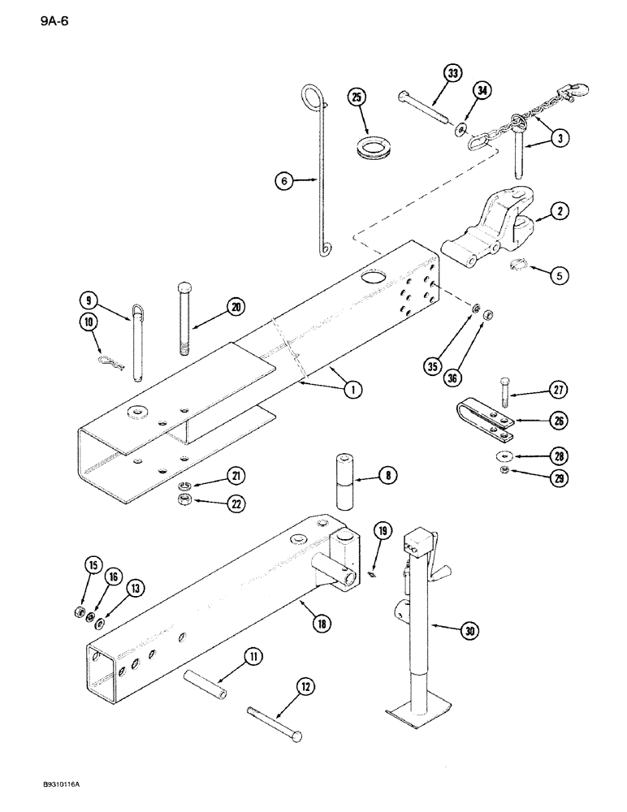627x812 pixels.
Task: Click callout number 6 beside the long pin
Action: coord(283,183)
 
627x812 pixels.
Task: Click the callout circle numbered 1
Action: coord(352,389)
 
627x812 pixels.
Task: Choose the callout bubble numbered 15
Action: coord(93,565)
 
